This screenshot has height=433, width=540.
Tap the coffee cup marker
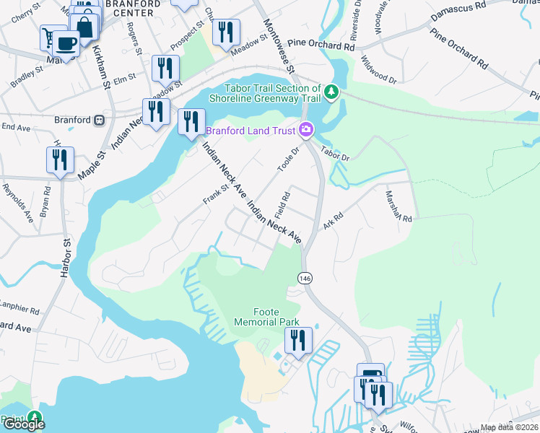click(x=66, y=43)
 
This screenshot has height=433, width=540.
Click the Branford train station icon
click(x=100, y=120)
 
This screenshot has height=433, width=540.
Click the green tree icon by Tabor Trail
click(x=331, y=92)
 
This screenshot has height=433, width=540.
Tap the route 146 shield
click(x=303, y=278)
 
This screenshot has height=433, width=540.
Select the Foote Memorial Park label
click(x=261, y=316)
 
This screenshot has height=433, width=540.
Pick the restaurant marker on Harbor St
click(x=60, y=159)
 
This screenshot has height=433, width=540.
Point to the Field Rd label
click(x=282, y=205)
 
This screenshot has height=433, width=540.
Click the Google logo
click(x=23, y=424)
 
